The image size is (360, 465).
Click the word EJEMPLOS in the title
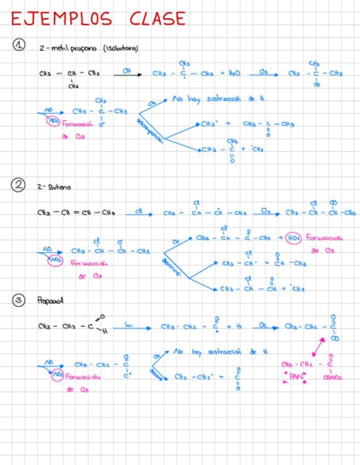click(x=61, y=19)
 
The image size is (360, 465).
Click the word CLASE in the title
click(x=157, y=19)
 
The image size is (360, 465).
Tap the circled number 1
click(x=19, y=45)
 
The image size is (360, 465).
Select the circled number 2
click(x=18, y=184)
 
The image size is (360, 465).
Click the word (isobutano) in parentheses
click(x=121, y=48)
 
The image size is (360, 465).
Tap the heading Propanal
click(x=50, y=300)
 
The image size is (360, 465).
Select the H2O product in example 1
click(x=232, y=73)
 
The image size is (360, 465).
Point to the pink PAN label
click(x=296, y=377)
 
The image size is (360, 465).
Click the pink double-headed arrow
click(x=318, y=347)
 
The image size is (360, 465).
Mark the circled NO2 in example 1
click(x=53, y=120)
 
